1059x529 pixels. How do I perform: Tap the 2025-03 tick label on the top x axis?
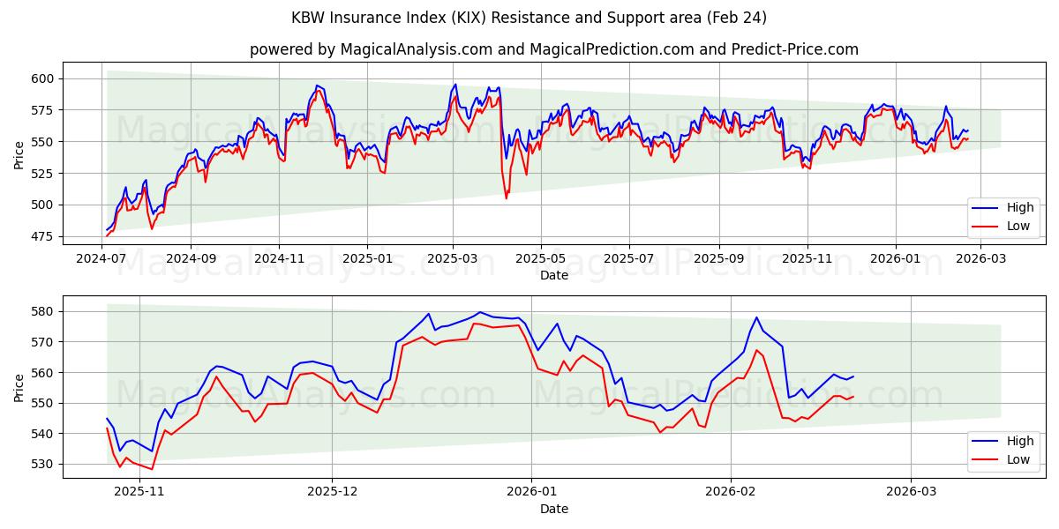(x=453, y=258)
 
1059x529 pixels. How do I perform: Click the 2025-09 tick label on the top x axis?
(x=718, y=258)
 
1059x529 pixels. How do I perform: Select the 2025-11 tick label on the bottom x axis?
(x=139, y=492)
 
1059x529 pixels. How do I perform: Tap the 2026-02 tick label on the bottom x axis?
(x=732, y=492)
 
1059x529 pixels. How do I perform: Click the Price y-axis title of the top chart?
(x=19, y=154)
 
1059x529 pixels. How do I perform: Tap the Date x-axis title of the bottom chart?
(x=554, y=509)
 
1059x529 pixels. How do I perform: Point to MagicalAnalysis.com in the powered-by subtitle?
(x=416, y=49)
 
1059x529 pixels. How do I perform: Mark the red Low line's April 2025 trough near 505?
(x=506, y=198)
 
